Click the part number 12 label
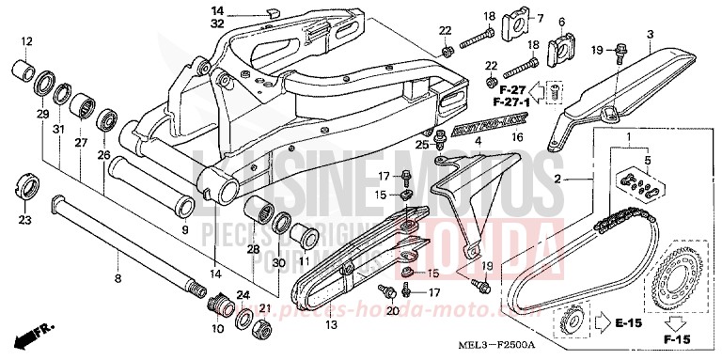[26, 41]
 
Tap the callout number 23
[24, 220]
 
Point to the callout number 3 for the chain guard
[649, 35]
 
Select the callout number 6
[561, 22]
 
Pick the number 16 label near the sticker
[516, 137]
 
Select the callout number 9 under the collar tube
[184, 229]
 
